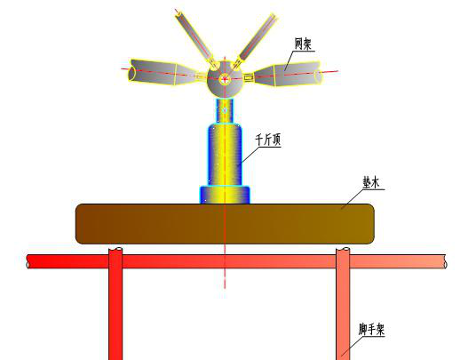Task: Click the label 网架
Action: click(x=303, y=44)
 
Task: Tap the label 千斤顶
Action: click(x=268, y=140)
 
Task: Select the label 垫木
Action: click(x=371, y=182)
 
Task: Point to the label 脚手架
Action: click(x=371, y=330)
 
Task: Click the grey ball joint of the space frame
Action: click(x=225, y=79)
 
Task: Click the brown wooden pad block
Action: click(x=225, y=224)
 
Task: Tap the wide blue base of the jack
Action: click(x=225, y=195)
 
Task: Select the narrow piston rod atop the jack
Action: click(x=225, y=110)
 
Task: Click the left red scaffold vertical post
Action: click(x=115, y=303)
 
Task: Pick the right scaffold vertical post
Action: click(x=343, y=303)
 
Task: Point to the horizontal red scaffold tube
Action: click(x=237, y=261)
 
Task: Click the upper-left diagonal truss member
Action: click(x=195, y=37)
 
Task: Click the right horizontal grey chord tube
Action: click(x=287, y=75)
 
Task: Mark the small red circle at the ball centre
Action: click(x=225, y=79)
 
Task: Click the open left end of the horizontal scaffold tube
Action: click(x=28, y=261)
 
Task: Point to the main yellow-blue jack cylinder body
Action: click(x=225, y=155)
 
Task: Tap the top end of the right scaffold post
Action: click(x=343, y=249)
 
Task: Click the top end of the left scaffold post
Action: click(x=115, y=249)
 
